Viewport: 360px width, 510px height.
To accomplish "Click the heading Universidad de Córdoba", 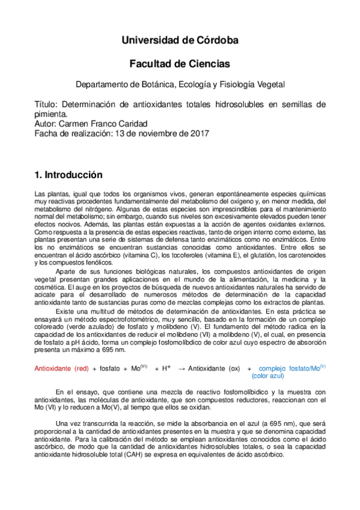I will coord(180,40).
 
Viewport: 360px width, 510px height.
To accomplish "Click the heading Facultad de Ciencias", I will coord(180,63).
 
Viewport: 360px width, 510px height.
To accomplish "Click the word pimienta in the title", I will coord(51,114).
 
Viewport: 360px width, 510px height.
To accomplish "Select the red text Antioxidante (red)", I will coord(62,368).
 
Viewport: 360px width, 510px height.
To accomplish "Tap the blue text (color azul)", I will coord(268,376).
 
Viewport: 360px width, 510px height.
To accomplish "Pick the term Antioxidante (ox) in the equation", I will coord(215,368).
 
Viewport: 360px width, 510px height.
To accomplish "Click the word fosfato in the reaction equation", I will coord(110,368).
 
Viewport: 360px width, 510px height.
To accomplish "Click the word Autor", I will coord(45,123).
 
